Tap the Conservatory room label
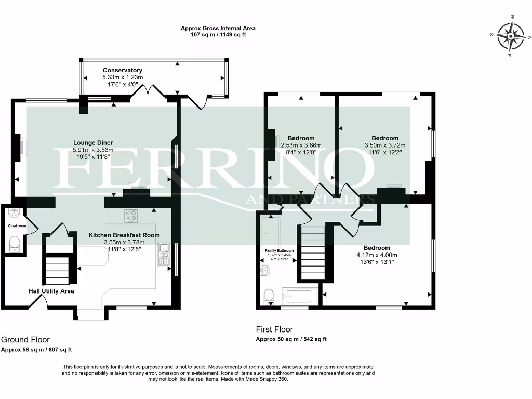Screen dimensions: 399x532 point(123,70)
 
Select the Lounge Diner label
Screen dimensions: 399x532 point(93,143)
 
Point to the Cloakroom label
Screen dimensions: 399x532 point(17,226)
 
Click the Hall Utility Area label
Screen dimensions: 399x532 point(51,291)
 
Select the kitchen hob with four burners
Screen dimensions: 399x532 point(130,215)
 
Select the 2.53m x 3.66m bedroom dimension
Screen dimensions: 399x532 point(301,145)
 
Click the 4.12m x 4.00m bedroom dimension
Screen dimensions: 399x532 point(377,255)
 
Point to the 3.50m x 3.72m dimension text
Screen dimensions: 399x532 point(385,145)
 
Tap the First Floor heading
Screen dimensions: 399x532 point(274,329)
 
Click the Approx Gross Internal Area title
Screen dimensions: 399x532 point(218,29)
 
